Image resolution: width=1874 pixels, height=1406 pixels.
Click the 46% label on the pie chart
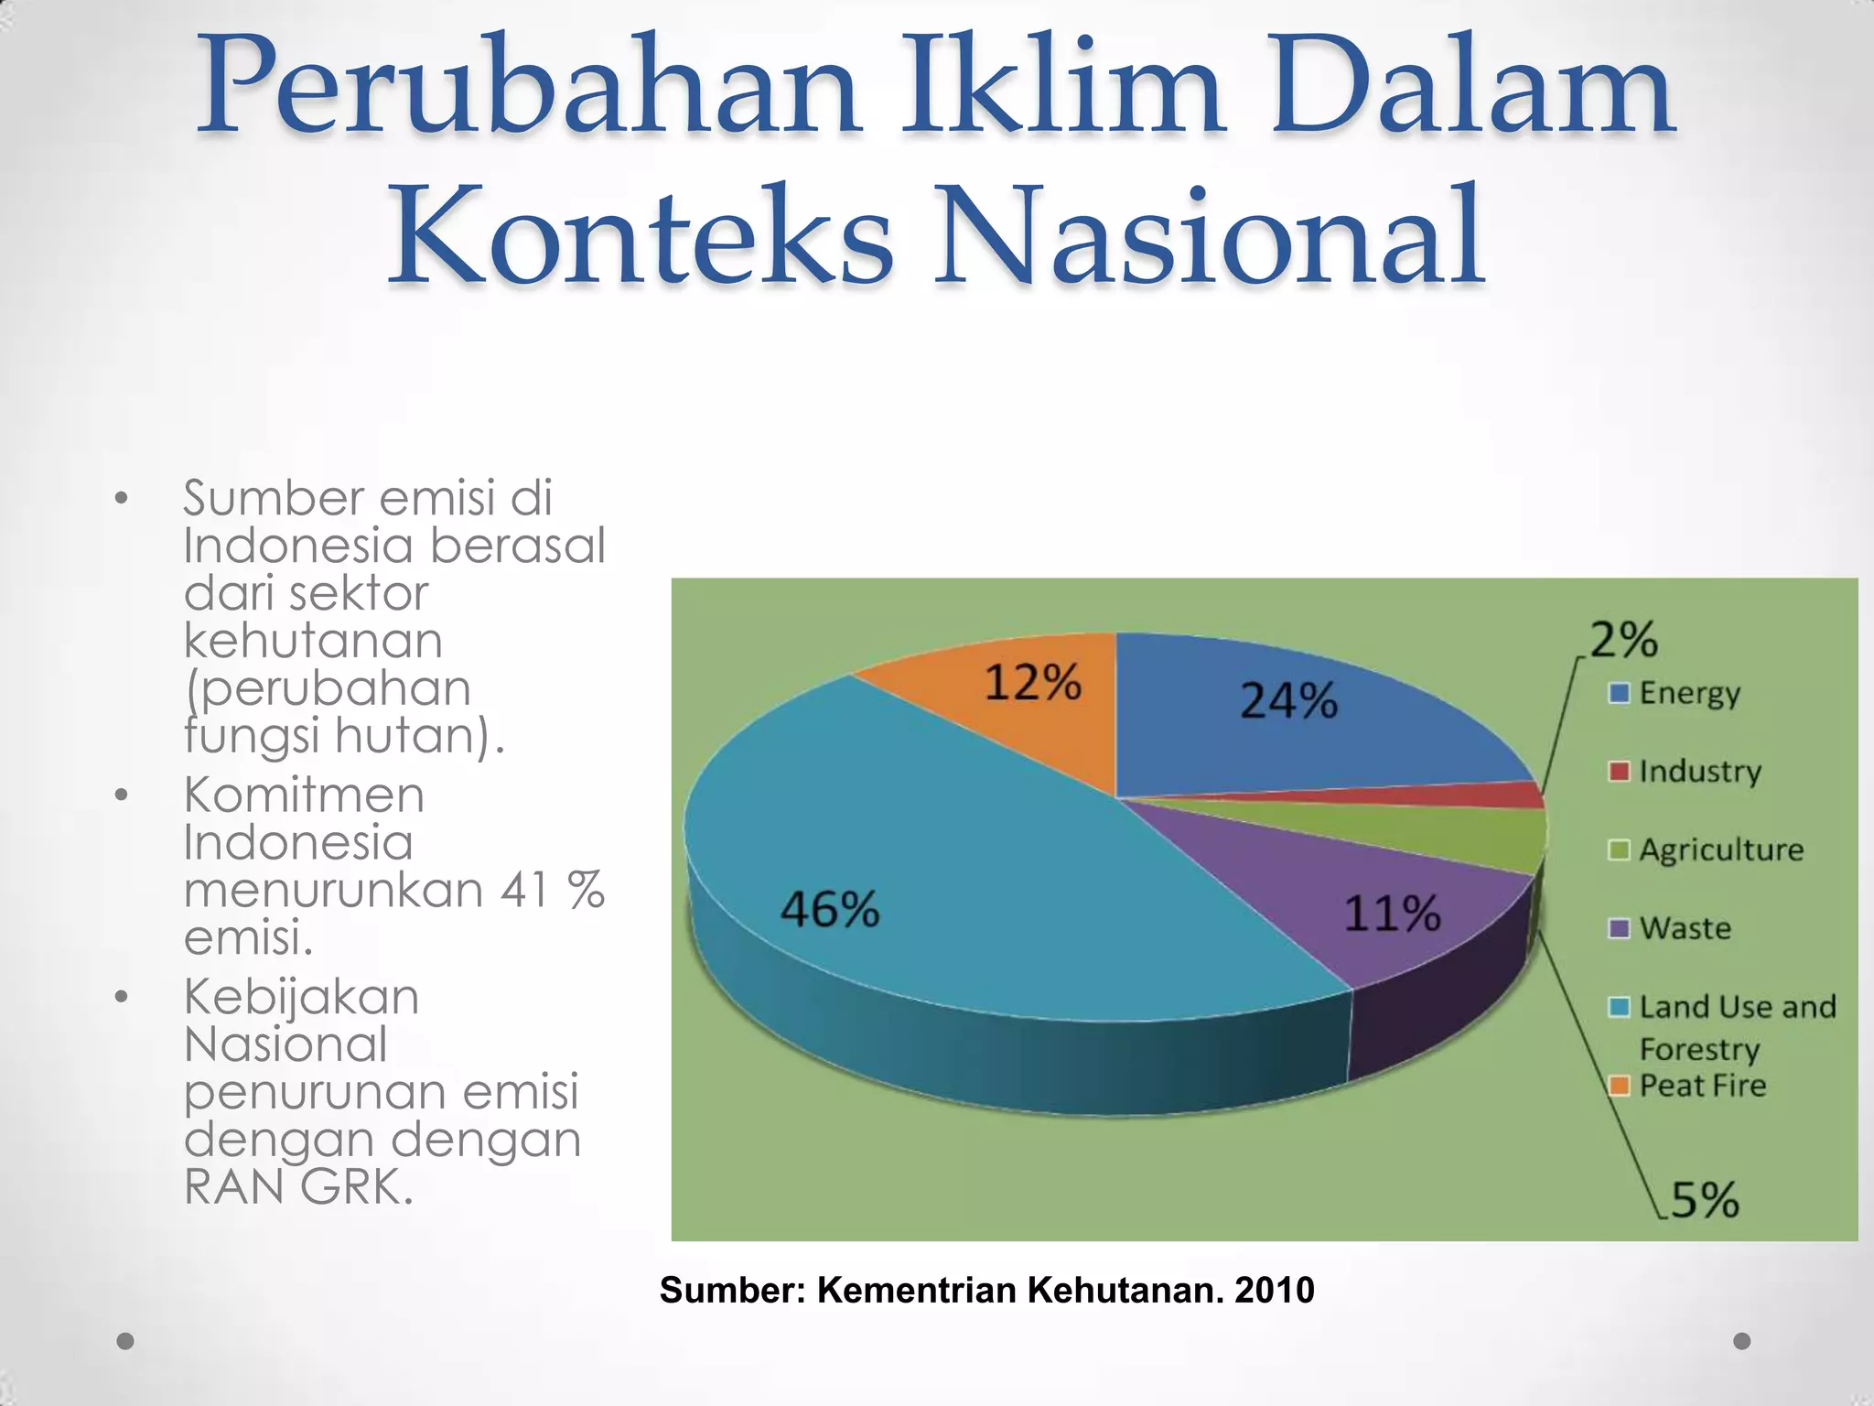tap(829, 910)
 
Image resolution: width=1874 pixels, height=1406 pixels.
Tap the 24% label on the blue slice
tap(1288, 701)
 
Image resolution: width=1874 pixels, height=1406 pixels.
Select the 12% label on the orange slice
tap(1032, 683)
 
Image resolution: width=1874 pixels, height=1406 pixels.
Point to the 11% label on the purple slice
tap(1392, 914)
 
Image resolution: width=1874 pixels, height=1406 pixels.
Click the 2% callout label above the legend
tap(1623, 640)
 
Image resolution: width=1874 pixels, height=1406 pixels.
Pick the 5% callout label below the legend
tap(1704, 1199)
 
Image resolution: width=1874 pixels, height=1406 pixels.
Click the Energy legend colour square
tap(1619, 693)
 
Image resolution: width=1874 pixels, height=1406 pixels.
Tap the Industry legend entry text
tap(1700, 772)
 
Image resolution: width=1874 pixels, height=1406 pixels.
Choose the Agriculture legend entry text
tap(1721, 850)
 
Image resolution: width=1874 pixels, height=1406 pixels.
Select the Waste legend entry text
tap(1686, 929)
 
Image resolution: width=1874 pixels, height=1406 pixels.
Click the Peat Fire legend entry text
tap(1703, 1087)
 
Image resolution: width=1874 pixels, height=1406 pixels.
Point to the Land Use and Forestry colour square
tap(1619, 1008)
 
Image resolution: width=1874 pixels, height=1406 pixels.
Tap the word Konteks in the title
tap(641, 236)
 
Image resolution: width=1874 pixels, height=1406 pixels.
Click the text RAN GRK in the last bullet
tap(297, 1188)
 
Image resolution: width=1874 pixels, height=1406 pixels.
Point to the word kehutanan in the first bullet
tap(313, 641)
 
